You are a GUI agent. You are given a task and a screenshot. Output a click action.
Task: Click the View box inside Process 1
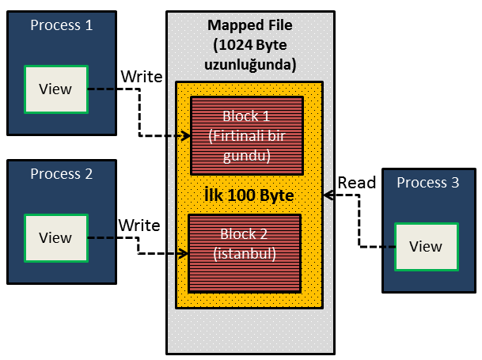[x=55, y=88]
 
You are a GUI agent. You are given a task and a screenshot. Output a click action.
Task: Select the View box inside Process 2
[x=55, y=237]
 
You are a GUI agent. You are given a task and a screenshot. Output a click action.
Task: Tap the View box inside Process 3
[x=426, y=246]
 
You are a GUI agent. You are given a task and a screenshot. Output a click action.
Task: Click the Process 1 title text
[x=61, y=25]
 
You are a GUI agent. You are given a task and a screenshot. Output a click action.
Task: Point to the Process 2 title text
[x=61, y=173]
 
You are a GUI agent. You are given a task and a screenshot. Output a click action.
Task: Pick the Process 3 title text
[x=427, y=183]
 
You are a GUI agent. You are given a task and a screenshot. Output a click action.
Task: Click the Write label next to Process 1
[x=142, y=77]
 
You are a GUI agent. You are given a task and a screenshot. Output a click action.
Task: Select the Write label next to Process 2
[x=139, y=225]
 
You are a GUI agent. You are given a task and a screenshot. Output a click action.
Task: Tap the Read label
[x=357, y=183]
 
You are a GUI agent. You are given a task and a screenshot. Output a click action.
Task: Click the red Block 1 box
[x=247, y=135]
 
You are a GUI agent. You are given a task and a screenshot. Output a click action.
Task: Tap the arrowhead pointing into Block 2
[x=184, y=254]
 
